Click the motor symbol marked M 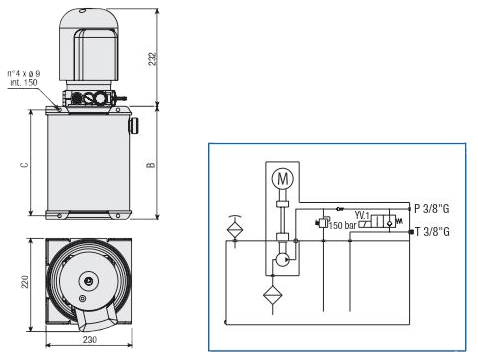283,179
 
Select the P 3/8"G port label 432,209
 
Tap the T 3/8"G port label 432,231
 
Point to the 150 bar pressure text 343,226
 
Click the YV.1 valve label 362,215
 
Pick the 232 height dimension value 152,59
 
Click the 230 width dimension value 90,340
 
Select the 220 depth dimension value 25,282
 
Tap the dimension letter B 151,165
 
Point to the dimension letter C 24,165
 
